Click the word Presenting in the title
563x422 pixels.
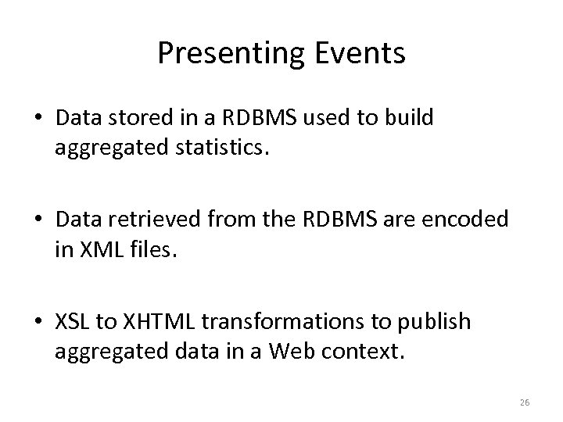coord(224,53)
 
